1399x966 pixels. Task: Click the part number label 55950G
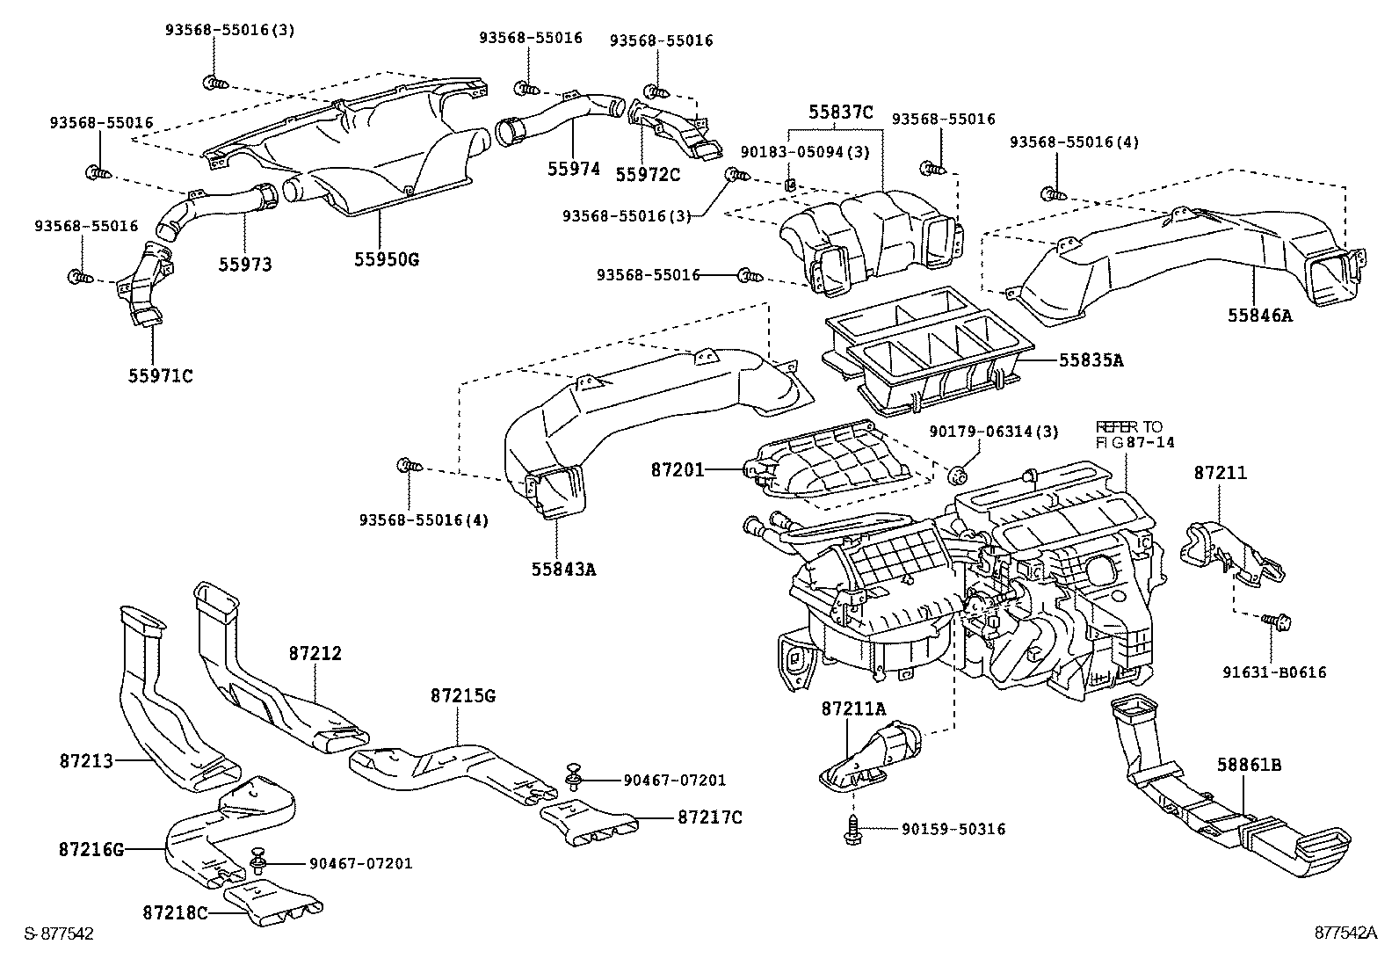click(387, 259)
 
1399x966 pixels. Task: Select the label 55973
click(245, 264)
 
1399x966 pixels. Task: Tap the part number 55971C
click(161, 376)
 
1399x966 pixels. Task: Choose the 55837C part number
click(841, 112)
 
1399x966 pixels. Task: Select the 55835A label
click(1091, 360)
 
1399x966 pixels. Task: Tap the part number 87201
click(678, 470)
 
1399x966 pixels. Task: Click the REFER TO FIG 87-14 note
click(1134, 434)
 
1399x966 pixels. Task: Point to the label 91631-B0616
click(1279, 672)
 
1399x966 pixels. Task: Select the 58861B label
click(1250, 766)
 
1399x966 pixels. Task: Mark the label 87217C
click(709, 817)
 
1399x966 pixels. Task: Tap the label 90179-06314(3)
click(994, 431)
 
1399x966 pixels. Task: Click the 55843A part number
click(563, 569)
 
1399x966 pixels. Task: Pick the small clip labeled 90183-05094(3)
click(789, 185)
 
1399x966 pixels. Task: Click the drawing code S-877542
click(58, 933)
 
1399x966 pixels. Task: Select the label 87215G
click(463, 696)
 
